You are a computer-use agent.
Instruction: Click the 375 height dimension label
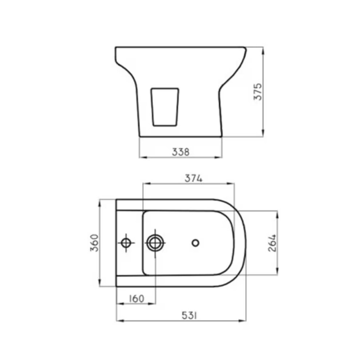[258, 92]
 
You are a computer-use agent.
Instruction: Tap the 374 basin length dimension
[193, 178]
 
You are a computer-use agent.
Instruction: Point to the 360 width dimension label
[94, 243]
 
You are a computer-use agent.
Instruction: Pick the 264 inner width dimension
[272, 243]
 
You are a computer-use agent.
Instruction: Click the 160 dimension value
[136, 298]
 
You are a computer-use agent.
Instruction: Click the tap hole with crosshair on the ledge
[126, 243]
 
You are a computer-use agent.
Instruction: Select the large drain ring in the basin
[155, 243]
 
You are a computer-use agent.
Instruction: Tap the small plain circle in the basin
[195, 242]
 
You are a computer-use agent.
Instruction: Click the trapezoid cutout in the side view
[165, 107]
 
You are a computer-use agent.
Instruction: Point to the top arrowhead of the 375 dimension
[263, 50]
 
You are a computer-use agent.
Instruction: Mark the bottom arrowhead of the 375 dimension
[263, 134]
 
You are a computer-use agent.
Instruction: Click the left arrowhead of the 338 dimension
[142, 157]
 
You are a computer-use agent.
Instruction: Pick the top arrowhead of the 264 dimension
[277, 214]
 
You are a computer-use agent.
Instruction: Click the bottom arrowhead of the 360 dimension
[100, 284]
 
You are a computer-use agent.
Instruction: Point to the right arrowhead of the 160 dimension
[153, 304]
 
